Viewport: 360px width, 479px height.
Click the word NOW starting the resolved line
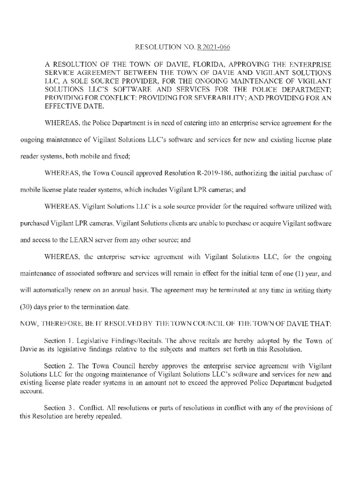pos(27,324)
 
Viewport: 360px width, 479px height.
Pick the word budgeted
pos(312,382)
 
